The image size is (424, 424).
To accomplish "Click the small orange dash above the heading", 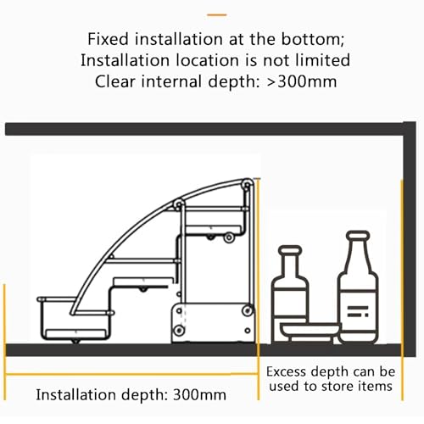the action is click(217, 15).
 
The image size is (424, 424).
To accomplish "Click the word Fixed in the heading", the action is click(109, 39).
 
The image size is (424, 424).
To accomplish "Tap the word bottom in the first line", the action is click(313, 39).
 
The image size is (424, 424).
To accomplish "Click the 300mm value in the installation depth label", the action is click(199, 394).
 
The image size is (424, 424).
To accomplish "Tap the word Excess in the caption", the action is click(286, 371).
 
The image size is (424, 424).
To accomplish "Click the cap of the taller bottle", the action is click(358, 236).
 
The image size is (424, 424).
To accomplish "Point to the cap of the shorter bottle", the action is click(290, 250).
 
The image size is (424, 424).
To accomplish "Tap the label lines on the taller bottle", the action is click(358, 311).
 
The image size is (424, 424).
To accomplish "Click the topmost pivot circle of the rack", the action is click(247, 185).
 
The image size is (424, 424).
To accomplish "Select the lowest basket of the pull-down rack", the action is click(75, 319).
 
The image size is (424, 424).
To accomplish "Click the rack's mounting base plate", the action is click(213, 323).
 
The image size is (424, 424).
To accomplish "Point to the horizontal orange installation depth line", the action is click(131, 375).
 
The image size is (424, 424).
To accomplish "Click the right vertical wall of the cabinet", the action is click(409, 239).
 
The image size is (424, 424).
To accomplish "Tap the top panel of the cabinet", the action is click(210, 129).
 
